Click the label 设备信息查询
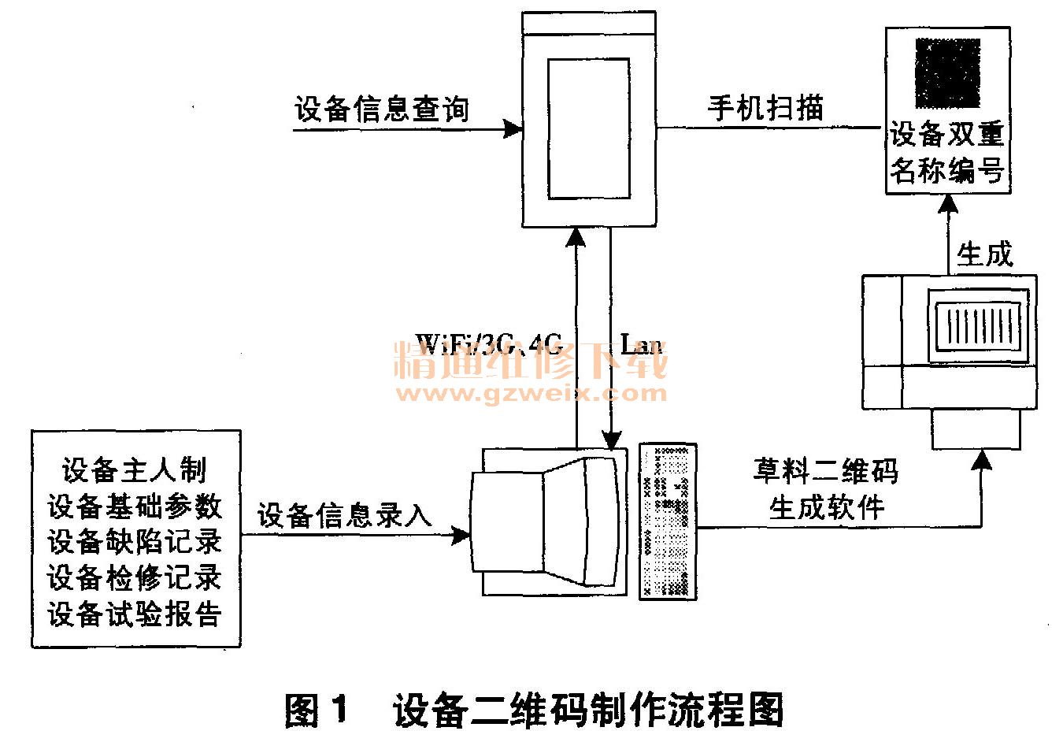click(x=382, y=109)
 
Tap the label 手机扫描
click(x=765, y=107)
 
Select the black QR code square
click(x=947, y=74)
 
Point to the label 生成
click(x=984, y=254)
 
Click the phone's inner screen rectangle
click(x=588, y=129)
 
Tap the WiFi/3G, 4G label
click(x=488, y=344)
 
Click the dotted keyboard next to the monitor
click(x=668, y=521)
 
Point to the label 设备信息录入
click(x=345, y=515)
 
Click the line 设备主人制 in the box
click(x=135, y=470)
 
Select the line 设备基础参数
click(x=135, y=506)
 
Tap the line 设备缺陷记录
click(x=135, y=542)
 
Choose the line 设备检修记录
click(x=135, y=578)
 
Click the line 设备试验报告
click(x=135, y=614)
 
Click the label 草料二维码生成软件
click(x=826, y=489)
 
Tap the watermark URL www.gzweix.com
click(x=532, y=391)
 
